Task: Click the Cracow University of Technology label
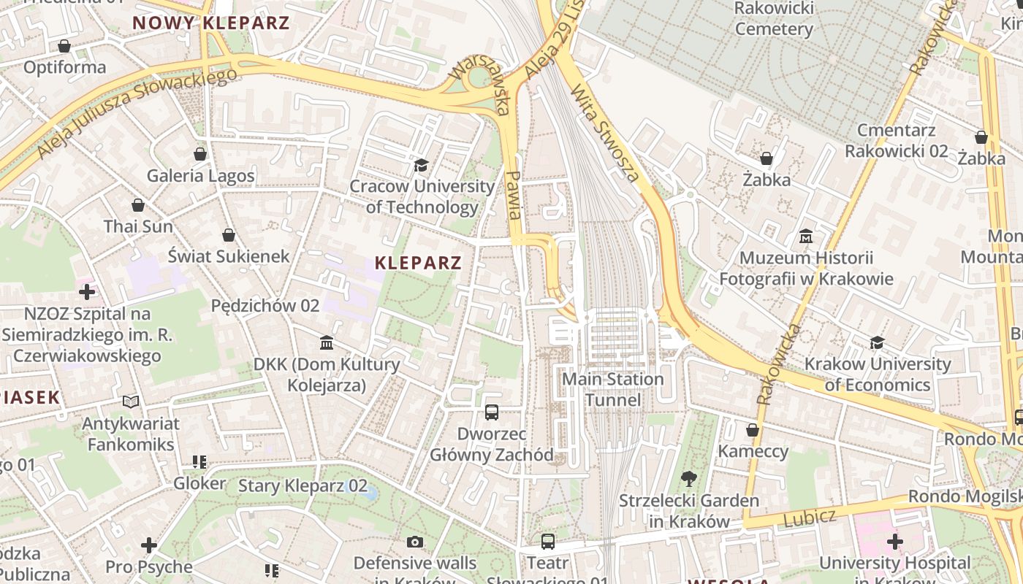click(x=422, y=196)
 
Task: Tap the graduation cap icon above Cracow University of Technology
click(x=421, y=166)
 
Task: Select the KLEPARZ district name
click(x=419, y=263)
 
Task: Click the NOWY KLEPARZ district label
click(x=211, y=22)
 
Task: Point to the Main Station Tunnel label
click(x=613, y=389)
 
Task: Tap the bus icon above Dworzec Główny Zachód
click(x=492, y=412)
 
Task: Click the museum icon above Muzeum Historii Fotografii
click(x=806, y=237)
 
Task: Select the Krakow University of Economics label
click(x=877, y=374)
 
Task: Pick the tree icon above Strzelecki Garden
click(x=688, y=479)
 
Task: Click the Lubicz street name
click(x=810, y=518)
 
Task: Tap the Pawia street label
click(x=514, y=196)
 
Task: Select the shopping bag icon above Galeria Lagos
click(x=200, y=154)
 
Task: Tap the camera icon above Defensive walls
click(x=415, y=542)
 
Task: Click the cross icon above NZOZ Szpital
click(x=87, y=293)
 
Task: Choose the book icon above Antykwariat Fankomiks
click(x=131, y=401)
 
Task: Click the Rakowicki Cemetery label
click(x=774, y=19)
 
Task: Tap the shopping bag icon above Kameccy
click(x=753, y=430)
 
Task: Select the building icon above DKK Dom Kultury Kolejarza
click(x=327, y=342)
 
